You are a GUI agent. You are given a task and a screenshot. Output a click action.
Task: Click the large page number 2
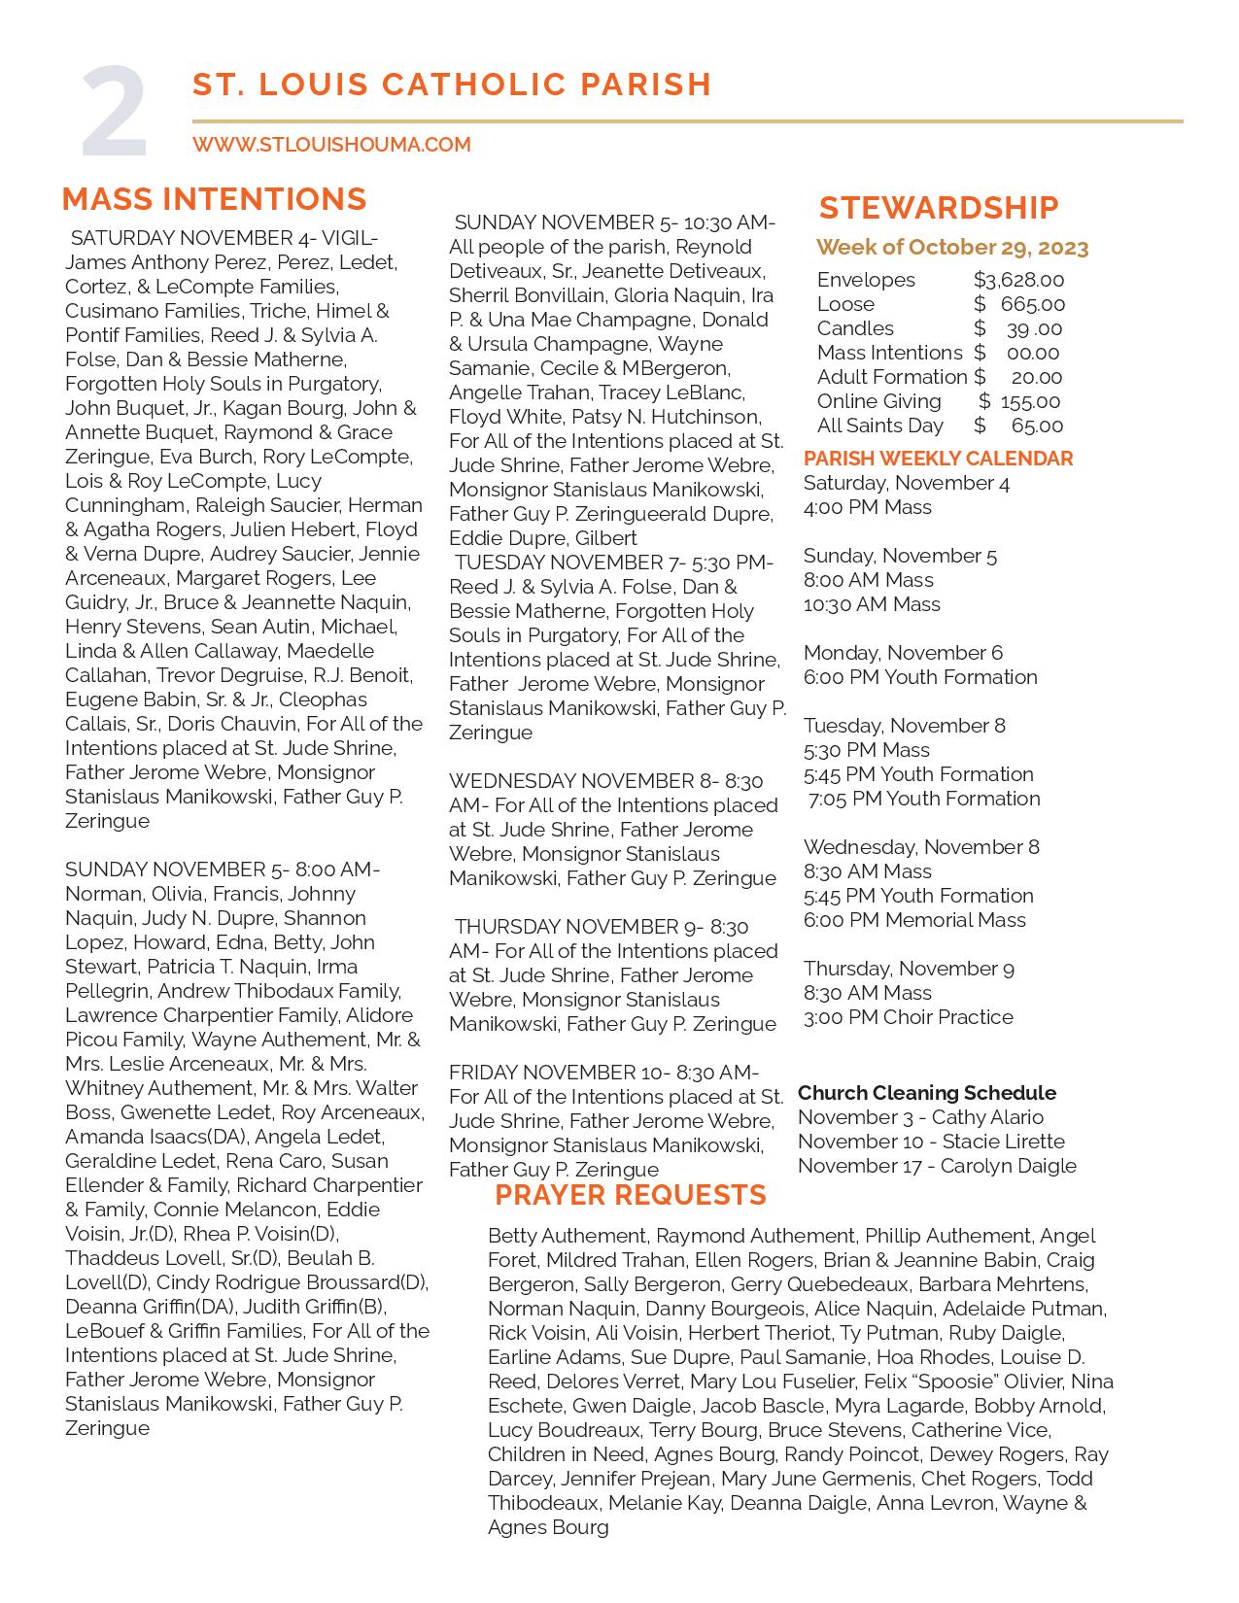115,114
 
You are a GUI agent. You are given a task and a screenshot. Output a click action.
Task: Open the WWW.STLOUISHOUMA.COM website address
331,145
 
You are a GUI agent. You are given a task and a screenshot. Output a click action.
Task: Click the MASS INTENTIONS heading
214,199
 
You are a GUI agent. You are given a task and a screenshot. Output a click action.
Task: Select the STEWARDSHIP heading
939,208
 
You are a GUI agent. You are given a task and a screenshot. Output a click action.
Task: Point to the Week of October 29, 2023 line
952,248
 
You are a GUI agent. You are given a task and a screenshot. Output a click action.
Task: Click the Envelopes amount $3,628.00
1018,280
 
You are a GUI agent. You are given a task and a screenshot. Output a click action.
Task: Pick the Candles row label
855,328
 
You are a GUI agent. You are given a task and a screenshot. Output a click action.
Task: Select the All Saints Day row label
879,426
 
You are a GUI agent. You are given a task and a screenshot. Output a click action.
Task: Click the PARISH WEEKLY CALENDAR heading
938,459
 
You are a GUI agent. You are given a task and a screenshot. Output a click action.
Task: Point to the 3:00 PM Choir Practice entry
908,1017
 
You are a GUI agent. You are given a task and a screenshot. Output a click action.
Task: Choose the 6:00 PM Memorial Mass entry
914,920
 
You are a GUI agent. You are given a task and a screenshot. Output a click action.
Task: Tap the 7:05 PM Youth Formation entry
924,799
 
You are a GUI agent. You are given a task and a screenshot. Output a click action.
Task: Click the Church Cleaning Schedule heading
926,1093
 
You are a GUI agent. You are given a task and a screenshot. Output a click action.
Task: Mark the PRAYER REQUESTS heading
631,1195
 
